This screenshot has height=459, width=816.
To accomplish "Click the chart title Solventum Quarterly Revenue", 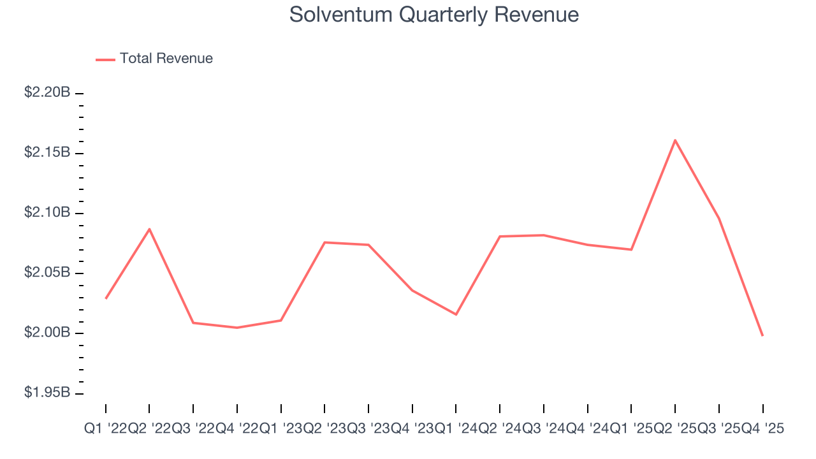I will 433,15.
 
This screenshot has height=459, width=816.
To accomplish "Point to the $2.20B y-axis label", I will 47,92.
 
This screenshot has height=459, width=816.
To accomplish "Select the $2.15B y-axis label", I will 47,152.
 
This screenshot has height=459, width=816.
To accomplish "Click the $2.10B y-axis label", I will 47,212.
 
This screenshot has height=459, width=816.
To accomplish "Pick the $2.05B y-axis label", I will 47,273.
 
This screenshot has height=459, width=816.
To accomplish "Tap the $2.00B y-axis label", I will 47,333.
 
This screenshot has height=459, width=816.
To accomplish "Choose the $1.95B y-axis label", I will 47,393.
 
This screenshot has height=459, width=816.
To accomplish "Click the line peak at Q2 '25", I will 675,140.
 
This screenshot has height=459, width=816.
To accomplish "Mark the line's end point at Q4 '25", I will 762,335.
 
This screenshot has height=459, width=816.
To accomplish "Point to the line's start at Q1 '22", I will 106,298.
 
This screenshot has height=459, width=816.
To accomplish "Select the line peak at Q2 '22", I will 149,229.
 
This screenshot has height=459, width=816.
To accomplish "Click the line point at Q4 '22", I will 237,328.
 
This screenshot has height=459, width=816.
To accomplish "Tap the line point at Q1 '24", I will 456,314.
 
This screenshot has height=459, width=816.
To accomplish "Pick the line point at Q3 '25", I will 719,219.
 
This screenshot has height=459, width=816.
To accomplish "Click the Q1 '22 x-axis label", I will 106,429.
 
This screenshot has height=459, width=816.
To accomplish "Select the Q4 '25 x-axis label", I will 762,429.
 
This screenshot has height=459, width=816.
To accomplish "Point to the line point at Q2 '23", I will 324,242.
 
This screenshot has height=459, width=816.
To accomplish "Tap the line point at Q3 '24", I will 544,235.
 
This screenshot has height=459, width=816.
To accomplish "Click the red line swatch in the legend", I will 105,59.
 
